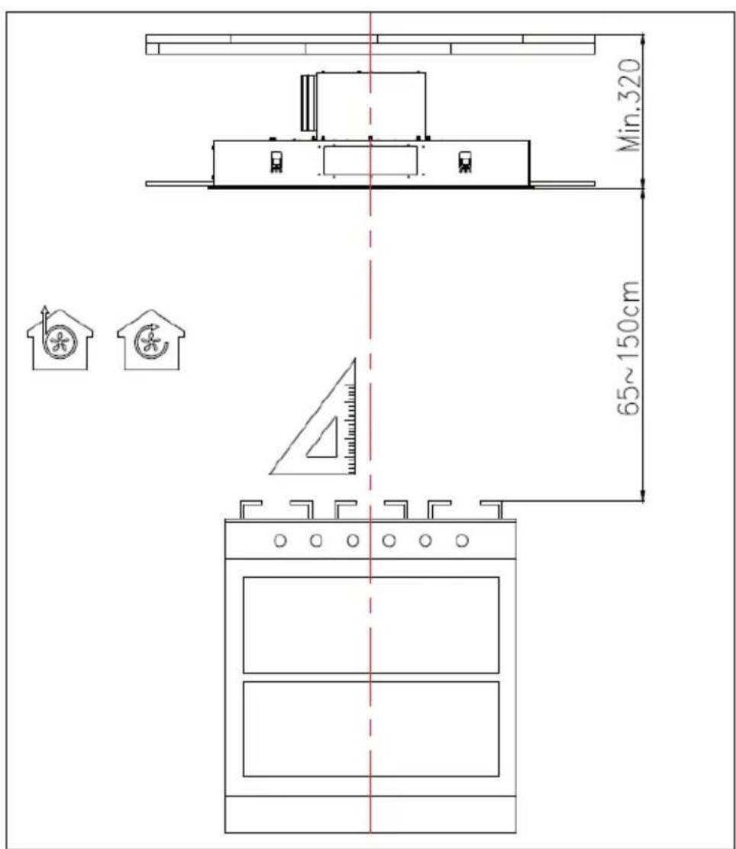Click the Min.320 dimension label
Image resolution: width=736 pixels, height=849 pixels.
point(629,105)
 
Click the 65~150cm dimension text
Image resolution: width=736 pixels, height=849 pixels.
point(629,348)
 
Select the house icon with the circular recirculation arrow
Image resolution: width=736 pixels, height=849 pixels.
point(151,340)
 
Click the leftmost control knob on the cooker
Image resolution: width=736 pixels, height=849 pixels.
point(280,541)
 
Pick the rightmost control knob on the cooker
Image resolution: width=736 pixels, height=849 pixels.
point(462,541)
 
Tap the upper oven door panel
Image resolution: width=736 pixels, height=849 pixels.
point(371,625)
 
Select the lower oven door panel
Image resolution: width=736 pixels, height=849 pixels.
point(371,729)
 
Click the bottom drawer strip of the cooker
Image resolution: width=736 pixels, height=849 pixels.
point(371,815)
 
